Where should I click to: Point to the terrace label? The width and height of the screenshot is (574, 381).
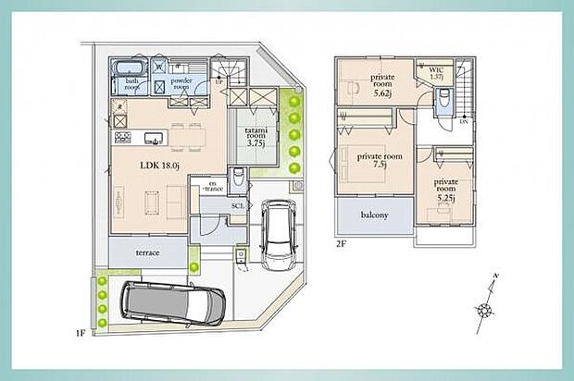coord(147,252)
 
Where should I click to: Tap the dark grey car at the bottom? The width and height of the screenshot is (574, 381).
coord(172,301)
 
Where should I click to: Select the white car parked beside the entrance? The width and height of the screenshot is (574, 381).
coord(275,236)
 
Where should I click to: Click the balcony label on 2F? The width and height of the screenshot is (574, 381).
coord(374,215)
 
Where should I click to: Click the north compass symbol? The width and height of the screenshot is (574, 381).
coord(486,305)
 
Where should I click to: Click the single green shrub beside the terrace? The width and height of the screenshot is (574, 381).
coord(194,267)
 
